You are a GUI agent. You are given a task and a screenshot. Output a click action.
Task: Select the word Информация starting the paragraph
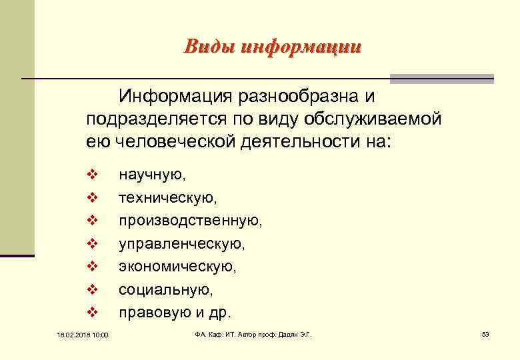(173, 97)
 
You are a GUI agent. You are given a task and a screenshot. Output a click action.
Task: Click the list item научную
(153, 175)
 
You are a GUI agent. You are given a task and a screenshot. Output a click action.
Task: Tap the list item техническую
(168, 198)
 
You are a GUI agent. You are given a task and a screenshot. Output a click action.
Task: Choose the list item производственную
(191, 221)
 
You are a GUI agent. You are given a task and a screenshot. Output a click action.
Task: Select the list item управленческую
(182, 244)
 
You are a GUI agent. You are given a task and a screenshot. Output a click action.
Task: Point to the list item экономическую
(177, 267)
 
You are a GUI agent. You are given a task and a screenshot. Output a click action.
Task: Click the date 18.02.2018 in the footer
(65, 334)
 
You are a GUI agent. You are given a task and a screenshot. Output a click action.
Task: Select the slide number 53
(485, 333)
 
